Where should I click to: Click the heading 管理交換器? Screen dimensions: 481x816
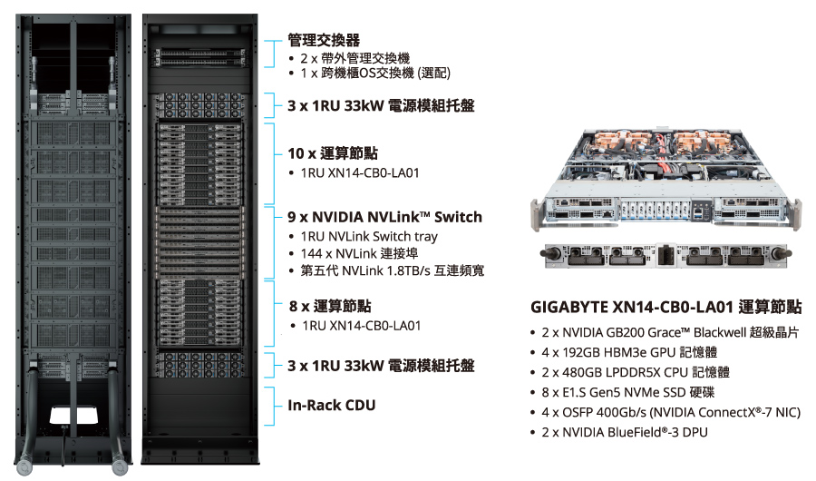324,40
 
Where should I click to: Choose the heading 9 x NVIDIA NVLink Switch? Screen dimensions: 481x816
384,217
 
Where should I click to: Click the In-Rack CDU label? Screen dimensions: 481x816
331,406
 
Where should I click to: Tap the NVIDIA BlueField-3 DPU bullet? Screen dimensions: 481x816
625,432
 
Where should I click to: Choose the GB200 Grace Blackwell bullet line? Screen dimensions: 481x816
670,332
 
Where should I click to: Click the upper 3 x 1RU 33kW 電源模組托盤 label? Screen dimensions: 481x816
380,105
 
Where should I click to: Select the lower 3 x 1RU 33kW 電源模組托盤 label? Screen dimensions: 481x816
380,366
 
